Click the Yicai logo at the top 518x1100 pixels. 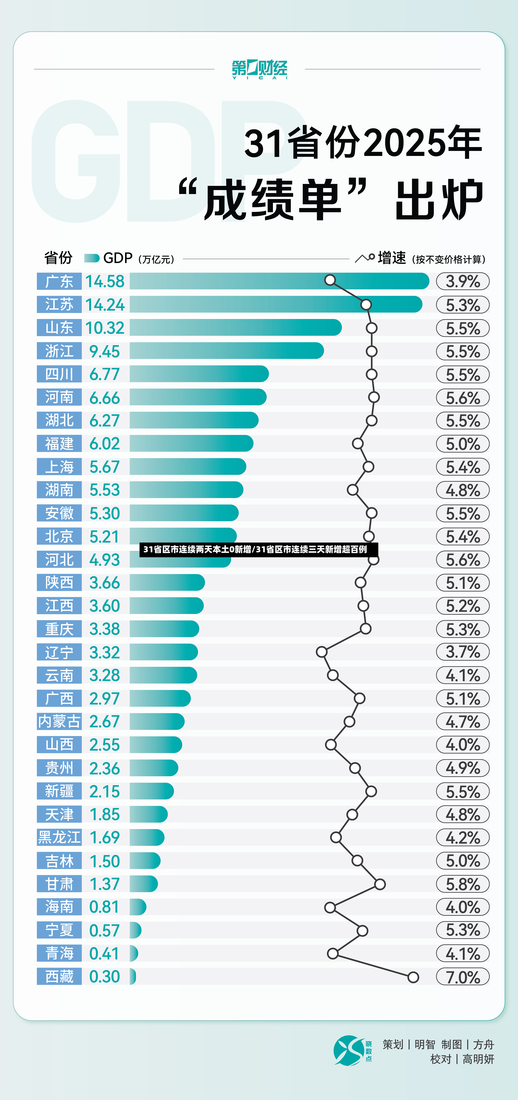[259, 69]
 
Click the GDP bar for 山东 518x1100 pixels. [236, 328]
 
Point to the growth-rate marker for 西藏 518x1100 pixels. [413, 977]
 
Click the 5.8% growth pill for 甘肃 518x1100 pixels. [462, 884]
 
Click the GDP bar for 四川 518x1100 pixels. [199, 374]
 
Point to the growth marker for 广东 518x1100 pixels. [330, 280]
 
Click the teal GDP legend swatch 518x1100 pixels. [92, 258]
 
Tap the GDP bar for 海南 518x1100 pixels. [138, 907]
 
